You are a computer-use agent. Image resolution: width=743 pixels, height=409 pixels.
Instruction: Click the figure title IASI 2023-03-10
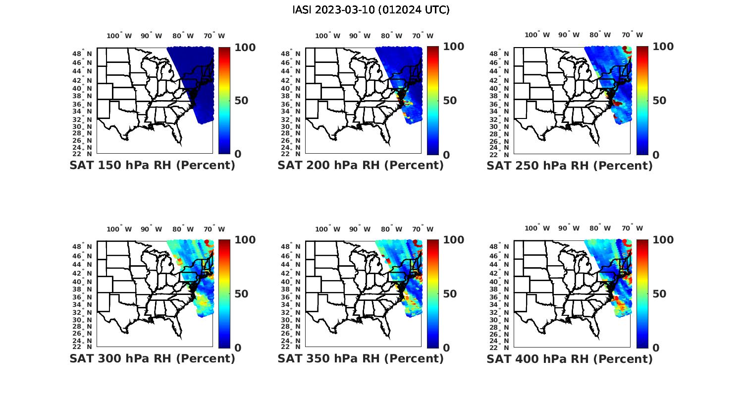(371, 10)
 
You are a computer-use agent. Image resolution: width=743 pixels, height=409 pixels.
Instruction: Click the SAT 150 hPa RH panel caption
(152, 166)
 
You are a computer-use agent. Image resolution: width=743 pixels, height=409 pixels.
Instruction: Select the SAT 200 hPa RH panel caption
(361, 166)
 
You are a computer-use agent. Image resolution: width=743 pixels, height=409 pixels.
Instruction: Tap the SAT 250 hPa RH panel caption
(570, 166)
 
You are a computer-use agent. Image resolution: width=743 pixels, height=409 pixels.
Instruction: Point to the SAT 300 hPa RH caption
(152, 358)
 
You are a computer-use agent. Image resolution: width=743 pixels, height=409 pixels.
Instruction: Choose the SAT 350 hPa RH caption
(361, 358)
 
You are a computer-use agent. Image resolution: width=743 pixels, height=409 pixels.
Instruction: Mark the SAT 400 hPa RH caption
(570, 358)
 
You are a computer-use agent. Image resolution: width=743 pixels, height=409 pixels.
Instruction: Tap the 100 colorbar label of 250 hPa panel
(663, 47)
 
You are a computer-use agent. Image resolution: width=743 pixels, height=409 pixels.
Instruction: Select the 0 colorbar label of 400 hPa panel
(656, 348)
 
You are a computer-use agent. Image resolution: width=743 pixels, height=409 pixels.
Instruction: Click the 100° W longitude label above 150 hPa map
(119, 36)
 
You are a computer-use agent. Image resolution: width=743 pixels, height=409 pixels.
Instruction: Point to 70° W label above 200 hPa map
(423, 36)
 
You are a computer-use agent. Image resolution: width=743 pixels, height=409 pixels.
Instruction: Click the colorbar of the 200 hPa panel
(432, 100)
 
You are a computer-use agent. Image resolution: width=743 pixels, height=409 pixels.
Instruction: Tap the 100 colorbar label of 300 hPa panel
(245, 240)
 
